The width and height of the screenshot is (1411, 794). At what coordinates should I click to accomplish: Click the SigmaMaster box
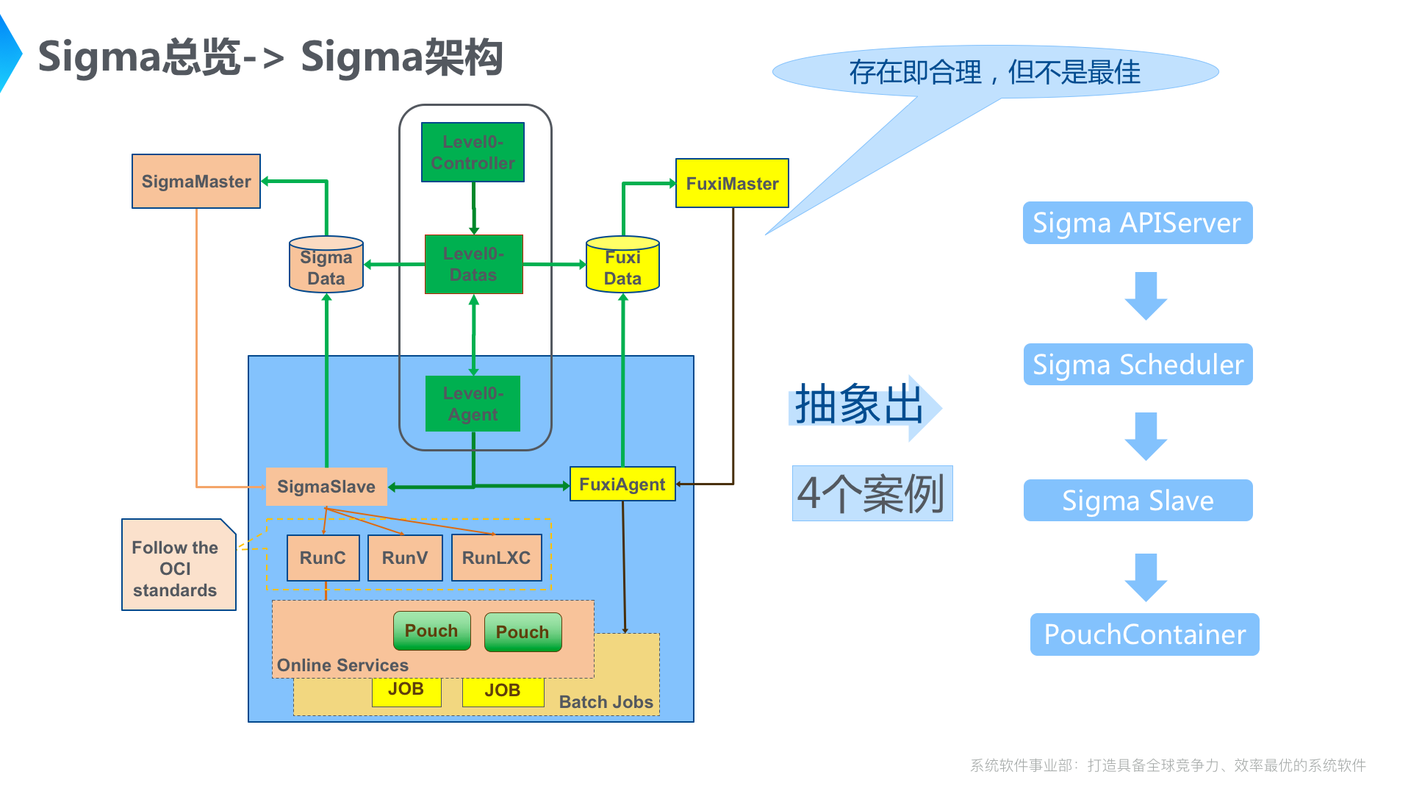196,182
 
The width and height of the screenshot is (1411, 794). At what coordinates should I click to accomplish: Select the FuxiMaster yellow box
732,184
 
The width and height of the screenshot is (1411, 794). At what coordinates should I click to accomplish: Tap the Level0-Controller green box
473,152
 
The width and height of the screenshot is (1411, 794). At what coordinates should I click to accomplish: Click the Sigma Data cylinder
326,266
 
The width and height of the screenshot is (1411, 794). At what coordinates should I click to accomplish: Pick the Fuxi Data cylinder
622,266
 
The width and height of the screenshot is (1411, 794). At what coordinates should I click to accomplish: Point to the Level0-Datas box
474,265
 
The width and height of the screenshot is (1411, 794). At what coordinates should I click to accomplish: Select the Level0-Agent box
473,404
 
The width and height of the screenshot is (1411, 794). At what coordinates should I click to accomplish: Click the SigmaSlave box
326,487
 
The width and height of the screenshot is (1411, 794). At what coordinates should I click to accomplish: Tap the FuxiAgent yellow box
622,484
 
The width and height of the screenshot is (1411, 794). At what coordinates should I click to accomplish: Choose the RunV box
405,558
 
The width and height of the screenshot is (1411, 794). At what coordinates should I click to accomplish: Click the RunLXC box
496,558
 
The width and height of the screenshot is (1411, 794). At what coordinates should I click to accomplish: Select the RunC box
323,558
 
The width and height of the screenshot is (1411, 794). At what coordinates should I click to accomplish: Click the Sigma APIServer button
1137,223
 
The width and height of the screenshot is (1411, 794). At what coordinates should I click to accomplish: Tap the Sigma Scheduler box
1138,365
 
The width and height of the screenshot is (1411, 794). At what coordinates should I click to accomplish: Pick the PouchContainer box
1144,634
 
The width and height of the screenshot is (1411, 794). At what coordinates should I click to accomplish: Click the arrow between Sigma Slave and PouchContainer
1146,576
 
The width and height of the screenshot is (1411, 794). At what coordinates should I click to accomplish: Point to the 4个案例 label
872,493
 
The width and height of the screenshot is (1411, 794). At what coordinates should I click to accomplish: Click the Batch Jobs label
606,702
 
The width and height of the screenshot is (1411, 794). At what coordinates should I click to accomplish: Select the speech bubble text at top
994,72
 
